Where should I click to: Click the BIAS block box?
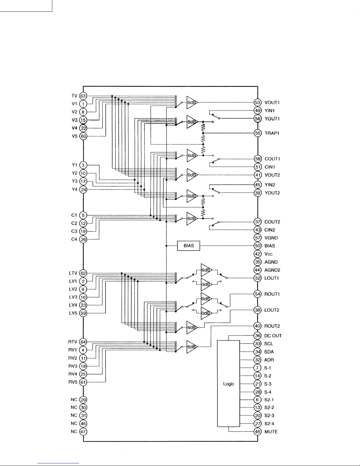[x=188, y=246]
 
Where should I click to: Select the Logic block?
[x=229, y=383]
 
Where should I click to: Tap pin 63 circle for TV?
[x=83, y=96]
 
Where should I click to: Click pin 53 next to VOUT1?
[x=258, y=103]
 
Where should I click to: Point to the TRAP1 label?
[x=272, y=133]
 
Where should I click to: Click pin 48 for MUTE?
[x=258, y=432]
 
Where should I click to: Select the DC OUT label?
[x=273, y=336]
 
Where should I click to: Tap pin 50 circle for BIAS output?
[x=258, y=246]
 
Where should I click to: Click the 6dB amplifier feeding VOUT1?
[x=192, y=102]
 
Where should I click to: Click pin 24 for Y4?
[x=83, y=190]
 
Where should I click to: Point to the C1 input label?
[x=74, y=215]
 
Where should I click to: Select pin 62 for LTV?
[x=83, y=273]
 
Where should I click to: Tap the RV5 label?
[x=73, y=382]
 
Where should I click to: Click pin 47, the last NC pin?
[x=83, y=432]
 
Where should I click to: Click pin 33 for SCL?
[x=258, y=344]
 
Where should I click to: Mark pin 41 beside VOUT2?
[x=258, y=175]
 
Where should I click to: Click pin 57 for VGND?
[x=258, y=238]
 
